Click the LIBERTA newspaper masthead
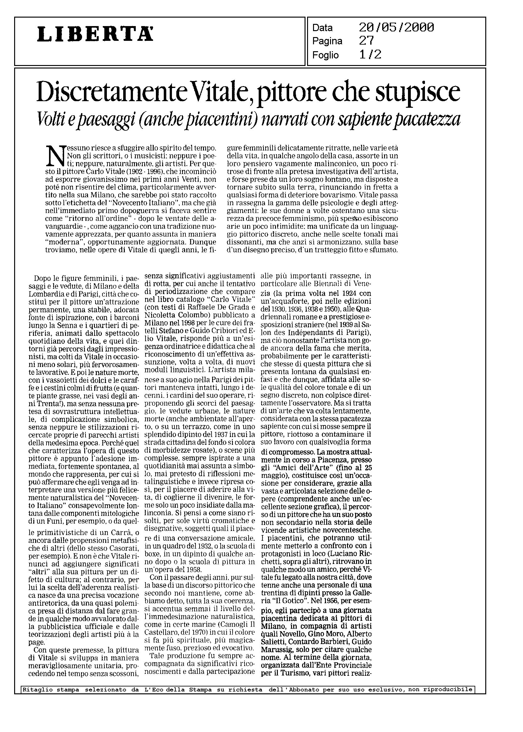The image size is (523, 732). [95, 34]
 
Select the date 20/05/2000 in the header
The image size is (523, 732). [396, 28]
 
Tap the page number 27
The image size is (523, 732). [366, 41]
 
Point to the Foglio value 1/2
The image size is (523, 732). [370, 55]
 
